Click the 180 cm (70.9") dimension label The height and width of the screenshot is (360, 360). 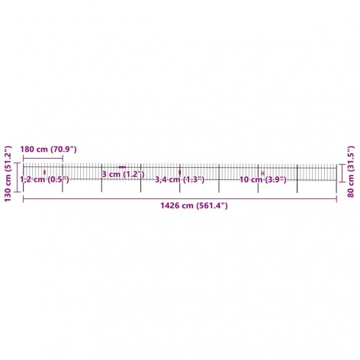(x=48, y=149)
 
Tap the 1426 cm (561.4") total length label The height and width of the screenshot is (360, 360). (x=194, y=205)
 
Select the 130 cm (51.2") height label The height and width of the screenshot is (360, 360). (x=8, y=174)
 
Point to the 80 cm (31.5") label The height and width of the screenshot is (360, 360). (x=350, y=172)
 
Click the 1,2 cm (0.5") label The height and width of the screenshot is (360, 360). (x=44, y=179)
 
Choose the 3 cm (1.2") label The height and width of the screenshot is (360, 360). (x=123, y=174)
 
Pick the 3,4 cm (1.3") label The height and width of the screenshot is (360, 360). (x=180, y=179)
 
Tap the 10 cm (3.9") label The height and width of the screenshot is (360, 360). (x=263, y=180)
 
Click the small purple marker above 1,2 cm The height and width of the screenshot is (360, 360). (x=45, y=172)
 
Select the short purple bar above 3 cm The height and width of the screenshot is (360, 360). (x=122, y=167)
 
